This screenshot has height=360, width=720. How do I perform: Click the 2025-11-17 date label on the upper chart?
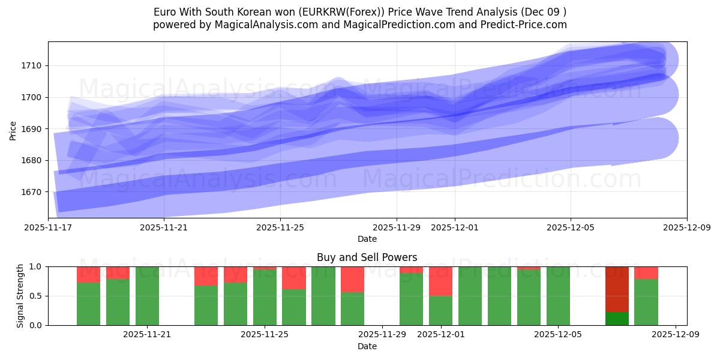point(49,228)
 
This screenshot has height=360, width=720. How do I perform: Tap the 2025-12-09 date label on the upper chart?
point(686,228)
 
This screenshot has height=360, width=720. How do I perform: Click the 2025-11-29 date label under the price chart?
point(396,228)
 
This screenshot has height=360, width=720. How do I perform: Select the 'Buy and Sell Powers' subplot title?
point(367,257)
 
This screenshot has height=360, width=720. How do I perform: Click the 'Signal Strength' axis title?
point(20,296)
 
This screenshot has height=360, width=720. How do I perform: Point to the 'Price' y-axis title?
point(13,130)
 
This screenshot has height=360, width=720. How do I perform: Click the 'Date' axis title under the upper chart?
point(367,239)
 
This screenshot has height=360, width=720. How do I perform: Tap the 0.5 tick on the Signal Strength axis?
point(35,296)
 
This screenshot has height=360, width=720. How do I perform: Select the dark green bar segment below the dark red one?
point(617,319)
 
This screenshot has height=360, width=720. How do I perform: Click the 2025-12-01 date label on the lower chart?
point(441,334)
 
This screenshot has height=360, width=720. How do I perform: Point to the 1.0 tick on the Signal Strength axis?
point(35,266)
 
